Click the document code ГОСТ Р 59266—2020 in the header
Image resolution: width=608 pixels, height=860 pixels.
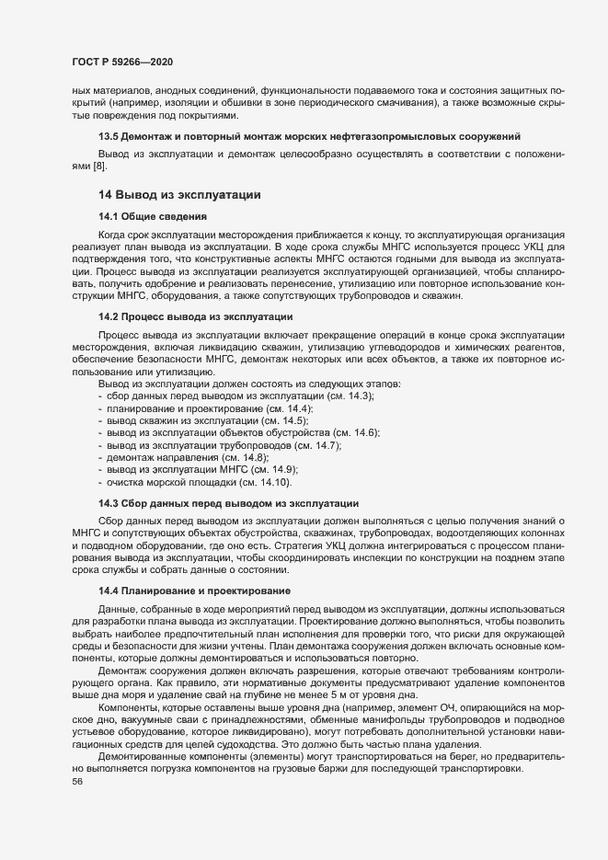pos(120,62)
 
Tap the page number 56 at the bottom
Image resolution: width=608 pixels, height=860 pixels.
pos(64,783)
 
